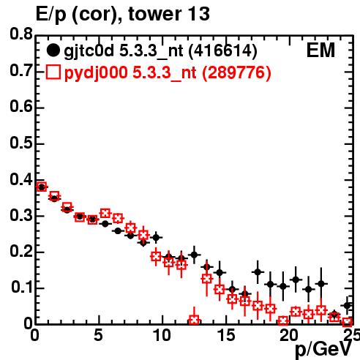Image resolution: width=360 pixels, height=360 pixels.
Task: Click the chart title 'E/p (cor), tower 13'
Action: pyautogui.click(x=122, y=14)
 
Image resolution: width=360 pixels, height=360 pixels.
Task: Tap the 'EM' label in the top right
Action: pyautogui.click(x=320, y=50)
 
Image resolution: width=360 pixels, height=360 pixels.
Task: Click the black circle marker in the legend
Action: pyautogui.click(x=53, y=50)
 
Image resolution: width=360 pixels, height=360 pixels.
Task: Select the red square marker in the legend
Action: pyautogui.click(x=53, y=72)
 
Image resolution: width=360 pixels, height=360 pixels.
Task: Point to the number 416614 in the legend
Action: pyautogui.click(x=223, y=50)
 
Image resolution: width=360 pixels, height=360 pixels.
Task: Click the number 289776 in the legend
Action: pyautogui.click(x=236, y=72)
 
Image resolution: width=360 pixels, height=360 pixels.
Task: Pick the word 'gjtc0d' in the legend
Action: pyautogui.click(x=89, y=51)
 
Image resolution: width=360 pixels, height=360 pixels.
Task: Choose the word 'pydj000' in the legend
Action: pyautogui.click(x=96, y=73)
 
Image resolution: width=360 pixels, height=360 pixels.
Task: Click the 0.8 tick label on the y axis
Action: pyautogui.click(x=21, y=34)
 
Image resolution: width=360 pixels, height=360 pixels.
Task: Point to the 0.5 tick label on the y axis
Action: pyautogui.click(x=21, y=143)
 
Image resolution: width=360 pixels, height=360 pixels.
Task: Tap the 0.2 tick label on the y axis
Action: pyautogui.click(x=21, y=251)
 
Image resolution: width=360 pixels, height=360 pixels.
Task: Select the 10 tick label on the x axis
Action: pyautogui.click(x=162, y=335)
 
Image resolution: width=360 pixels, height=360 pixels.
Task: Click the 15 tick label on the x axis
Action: pyautogui.click(x=226, y=335)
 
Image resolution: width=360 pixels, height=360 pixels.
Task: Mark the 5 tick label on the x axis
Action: pyautogui.click(x=98, y=335)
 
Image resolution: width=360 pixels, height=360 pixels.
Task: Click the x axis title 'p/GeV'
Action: pyautogui.click(x=323, y=349)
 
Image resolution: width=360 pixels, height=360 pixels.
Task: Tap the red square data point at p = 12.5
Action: pyautogui.click(x=194, y=320)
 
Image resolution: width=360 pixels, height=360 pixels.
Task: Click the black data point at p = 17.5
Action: pyautogui.click(x=258, y=271)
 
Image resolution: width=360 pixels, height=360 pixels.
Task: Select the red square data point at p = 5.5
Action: pyautogui.click(x=105, y=213)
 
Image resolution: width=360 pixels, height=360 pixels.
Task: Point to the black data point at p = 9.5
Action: pyautogui.click(x=156, y=237)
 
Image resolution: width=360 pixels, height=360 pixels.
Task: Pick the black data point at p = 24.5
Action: pyautogui.click(x=348, y=305)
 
